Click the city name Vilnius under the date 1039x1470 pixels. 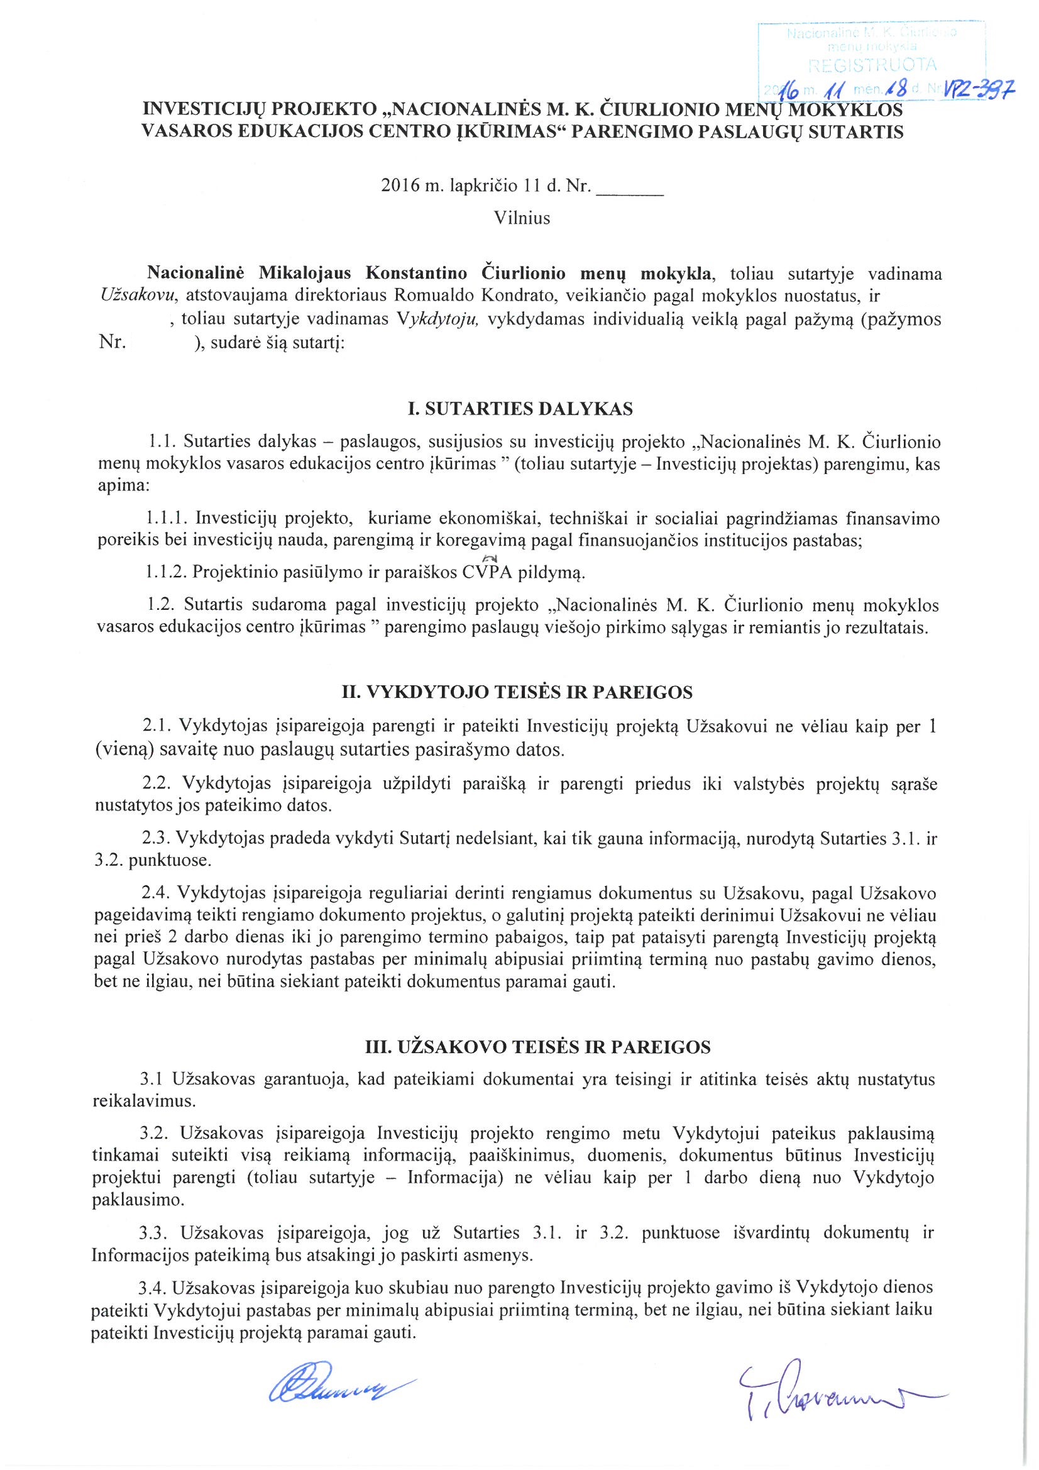click(x=522, y=218)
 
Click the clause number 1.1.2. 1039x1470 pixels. click(x=167, y=572)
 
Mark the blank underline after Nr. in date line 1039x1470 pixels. click(x=630, y=189)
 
